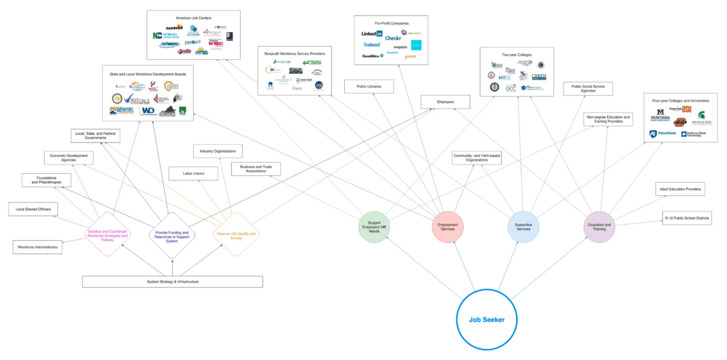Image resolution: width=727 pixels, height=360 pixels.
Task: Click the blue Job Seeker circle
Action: [x=486, y=319]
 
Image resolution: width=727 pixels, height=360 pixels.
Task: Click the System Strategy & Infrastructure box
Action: [x=173, y=281]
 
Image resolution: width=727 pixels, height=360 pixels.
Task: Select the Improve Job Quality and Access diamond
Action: [x=236, y=235]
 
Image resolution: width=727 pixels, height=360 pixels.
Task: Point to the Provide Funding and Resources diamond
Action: [x=173, y=235]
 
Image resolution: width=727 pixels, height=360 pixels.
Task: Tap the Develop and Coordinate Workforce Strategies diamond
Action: [x=107, y=235]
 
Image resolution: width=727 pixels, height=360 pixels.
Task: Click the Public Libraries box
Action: [x=369, y=87]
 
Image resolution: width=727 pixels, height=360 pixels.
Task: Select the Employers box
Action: [x=445, y=101]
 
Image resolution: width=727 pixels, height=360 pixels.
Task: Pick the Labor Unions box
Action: [x=193, y=174]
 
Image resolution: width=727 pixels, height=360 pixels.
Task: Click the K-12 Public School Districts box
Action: [x=686, y=218]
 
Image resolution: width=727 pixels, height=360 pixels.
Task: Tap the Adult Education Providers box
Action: [x=680, y=190]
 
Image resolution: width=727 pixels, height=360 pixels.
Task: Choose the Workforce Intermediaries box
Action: [x=38, y=247]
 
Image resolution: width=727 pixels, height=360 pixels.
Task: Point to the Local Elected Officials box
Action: [x=33, y=210]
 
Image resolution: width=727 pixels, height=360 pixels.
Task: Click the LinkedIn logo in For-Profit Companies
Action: [x=372, y=34]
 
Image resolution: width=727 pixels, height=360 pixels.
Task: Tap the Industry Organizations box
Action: [x=218, y=150]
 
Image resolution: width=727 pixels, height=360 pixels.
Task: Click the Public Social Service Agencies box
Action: [x=588, y=88]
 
